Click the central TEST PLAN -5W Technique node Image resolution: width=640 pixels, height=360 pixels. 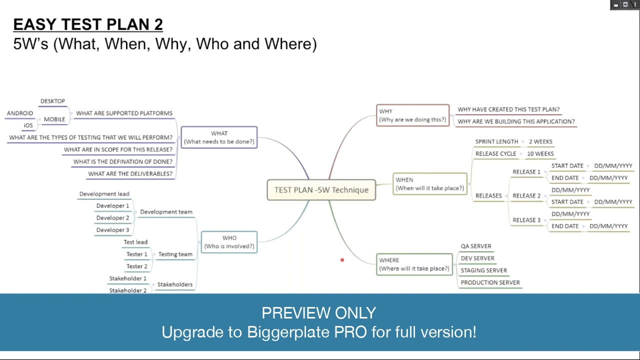[x=321, y=190]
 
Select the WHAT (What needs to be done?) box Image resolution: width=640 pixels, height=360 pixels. [x=219, y=137]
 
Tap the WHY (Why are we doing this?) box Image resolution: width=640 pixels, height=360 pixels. [x=412, y=115]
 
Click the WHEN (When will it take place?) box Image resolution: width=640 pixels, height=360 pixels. [x=429, y=184]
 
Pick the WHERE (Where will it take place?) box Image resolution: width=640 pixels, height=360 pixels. [x=414, y=264]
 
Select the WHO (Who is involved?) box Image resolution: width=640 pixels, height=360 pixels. [x=229, y=242]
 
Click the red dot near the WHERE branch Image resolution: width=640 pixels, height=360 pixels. [x=342, y=260]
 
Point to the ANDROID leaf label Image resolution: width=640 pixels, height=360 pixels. [x=20, y=113]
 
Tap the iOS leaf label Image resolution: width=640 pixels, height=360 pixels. [x=28, y=125]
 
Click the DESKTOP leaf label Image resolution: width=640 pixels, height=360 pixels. [x=52, y=101]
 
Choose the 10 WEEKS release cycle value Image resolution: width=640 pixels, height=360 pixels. [x=540, y=153]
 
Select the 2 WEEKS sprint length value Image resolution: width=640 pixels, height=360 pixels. [x=540, y=141]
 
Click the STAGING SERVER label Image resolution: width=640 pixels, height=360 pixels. [x=483, y=270]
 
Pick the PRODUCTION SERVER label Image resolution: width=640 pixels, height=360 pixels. [x=490, y=282]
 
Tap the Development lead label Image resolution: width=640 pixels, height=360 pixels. [x=104, y=194]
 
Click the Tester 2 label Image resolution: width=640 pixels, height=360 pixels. [x=136, y=266]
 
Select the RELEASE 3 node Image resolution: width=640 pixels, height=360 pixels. [x=526, y=220]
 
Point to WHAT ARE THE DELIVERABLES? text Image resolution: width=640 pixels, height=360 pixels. [x=130, y=174]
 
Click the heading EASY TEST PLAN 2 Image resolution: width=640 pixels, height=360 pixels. [x=88, y=24]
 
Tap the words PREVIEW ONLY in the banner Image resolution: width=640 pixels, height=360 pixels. [x=318, y=313]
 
